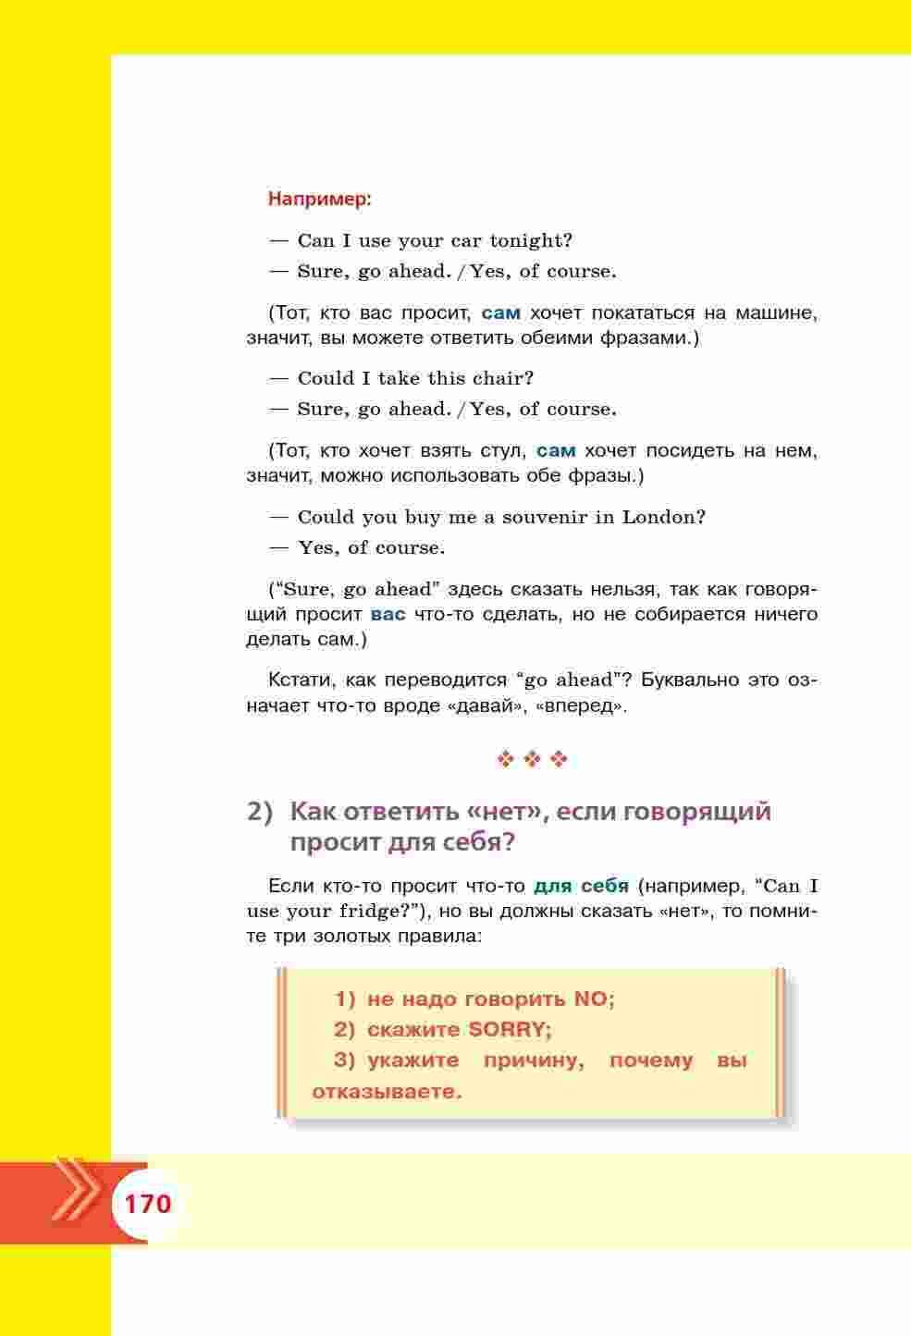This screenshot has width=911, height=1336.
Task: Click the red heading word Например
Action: click(319, 199)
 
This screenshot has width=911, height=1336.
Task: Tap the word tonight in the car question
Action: click(531, 241)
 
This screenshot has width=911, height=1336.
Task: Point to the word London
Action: click(663, 517)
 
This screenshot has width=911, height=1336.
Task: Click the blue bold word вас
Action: click(388, 614)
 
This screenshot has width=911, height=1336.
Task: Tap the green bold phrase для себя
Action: click(581, 886)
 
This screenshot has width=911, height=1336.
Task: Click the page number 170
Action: click(148, 1204)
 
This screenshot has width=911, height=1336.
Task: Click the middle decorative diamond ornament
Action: click(533, 760)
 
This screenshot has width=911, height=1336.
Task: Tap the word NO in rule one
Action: click(594, 999)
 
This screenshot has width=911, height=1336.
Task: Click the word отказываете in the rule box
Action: click(387, 1092)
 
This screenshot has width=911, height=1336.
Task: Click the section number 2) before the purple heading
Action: click(261, 812)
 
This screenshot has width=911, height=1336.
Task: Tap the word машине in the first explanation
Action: click(785, 313)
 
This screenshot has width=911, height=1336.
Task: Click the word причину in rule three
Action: click(534, 1060)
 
